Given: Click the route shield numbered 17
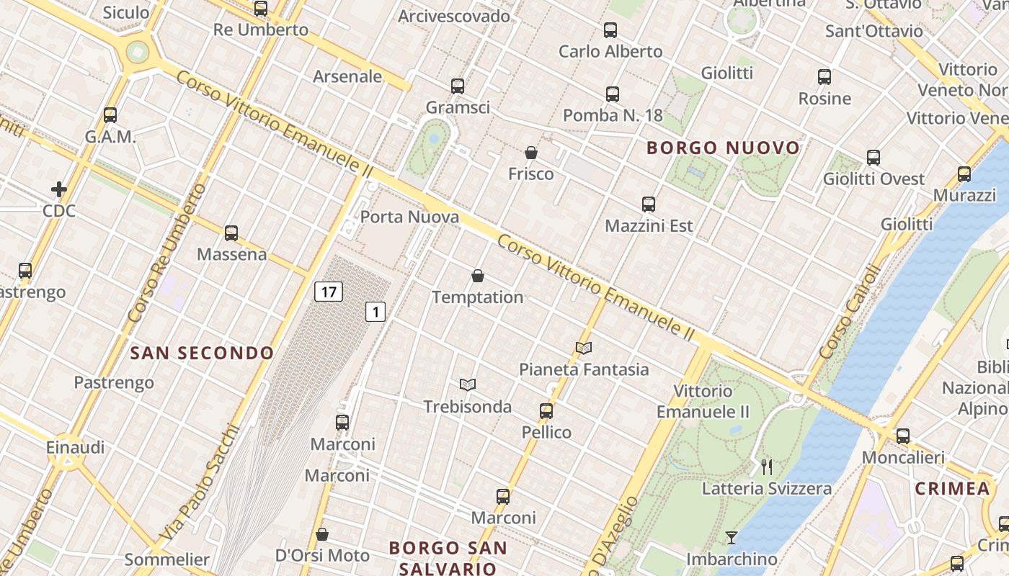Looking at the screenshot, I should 329,292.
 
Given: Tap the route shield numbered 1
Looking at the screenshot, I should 375,312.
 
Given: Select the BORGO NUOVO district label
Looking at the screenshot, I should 723,148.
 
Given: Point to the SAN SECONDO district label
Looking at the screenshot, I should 203,353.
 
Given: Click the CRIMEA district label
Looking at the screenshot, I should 952,489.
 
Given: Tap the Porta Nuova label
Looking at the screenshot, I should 409,217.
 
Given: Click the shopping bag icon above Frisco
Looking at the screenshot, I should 531,153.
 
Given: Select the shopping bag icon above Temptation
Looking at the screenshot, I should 477,276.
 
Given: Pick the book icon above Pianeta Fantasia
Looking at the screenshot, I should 584,348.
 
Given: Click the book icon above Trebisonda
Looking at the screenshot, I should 468,385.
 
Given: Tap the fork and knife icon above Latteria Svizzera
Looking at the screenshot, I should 767,467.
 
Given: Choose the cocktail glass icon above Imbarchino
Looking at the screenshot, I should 732,538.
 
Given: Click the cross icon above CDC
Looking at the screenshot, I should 59,189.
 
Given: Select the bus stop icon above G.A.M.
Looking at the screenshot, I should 110,114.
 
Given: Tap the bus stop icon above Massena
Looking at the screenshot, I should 231,233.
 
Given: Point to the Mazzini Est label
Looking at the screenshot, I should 649,226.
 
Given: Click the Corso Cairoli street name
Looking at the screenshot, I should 850,311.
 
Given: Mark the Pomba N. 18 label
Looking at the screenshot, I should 613,115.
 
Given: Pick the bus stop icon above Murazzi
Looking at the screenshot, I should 964,174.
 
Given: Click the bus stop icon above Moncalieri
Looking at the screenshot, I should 903,436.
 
